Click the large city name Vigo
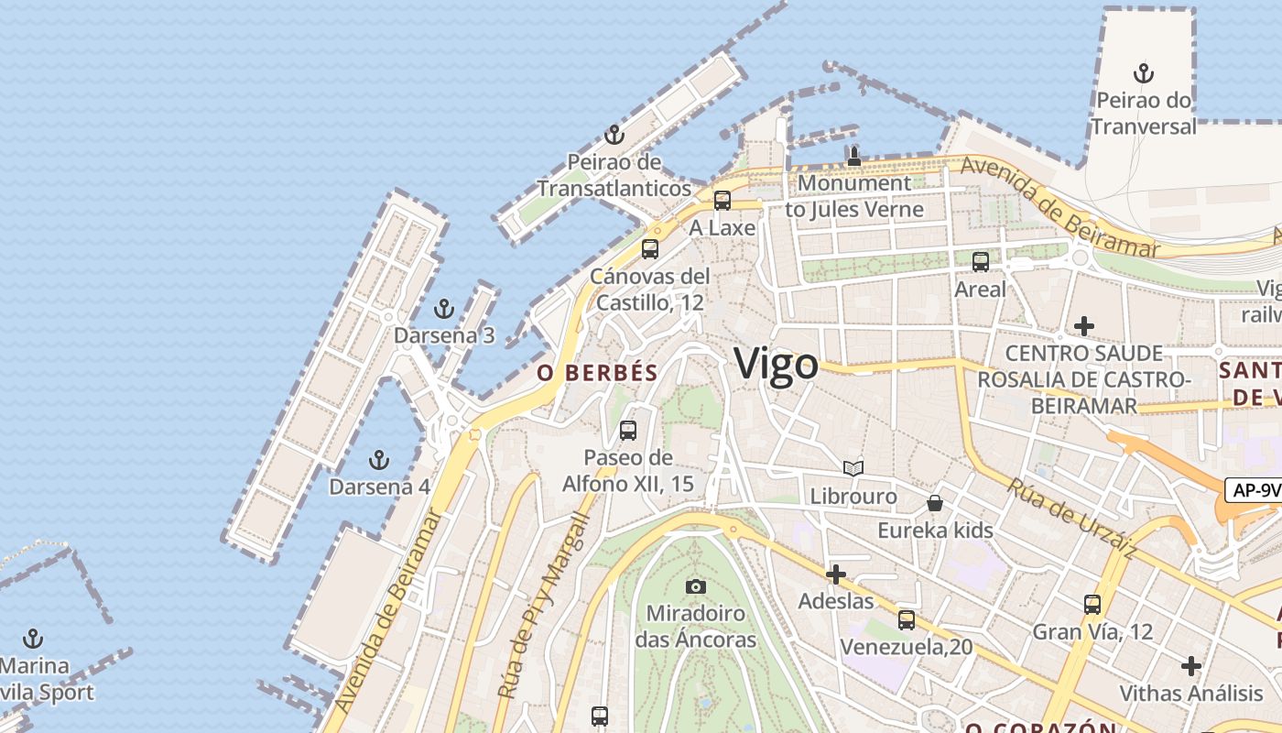(776, 364)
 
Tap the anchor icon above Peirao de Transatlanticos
(614, 136)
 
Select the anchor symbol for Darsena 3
(444, 309)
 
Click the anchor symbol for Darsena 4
(378, 459)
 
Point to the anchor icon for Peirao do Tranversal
(1143, 73)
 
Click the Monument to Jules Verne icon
(854, 157)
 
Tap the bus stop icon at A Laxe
(722, 201)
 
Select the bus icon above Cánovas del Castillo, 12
(650, 248)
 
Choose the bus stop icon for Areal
(981, 262)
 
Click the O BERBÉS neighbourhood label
(597, 373)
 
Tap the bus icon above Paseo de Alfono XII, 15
(628, 430)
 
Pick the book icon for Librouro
(853, 469)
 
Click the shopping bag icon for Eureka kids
(935, 503)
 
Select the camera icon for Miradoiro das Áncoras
(696, 586)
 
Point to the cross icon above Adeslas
(835, 574)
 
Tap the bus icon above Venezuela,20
(907, 620)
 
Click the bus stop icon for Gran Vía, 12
(1092, 605)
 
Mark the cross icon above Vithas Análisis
(1191, 666)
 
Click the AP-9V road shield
(1255, 490)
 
